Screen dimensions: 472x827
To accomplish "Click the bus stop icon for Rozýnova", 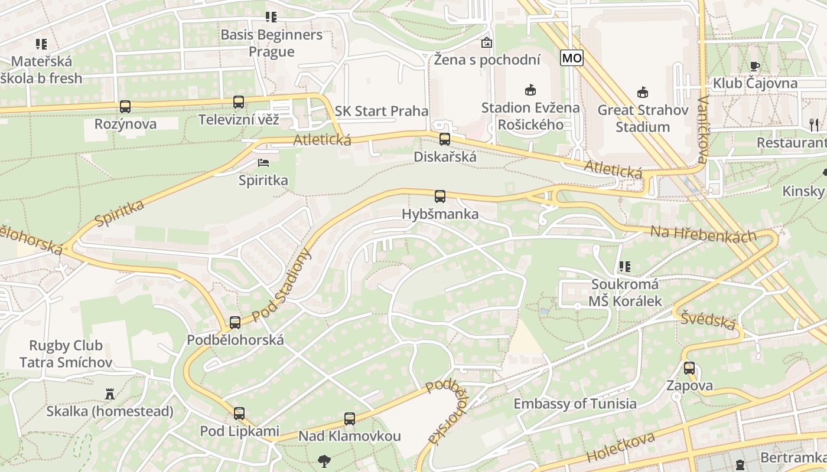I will click(x=125, y=107).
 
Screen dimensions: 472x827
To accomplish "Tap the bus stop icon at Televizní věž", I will click(x=239, y=102).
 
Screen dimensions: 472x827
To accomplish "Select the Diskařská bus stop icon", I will click(x=445, y=139).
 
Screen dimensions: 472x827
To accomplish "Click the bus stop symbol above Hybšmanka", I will click(x=440, y=196).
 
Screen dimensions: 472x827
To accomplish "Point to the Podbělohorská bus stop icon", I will click(x=235, y=322).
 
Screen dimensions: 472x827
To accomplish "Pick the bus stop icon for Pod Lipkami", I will click(x=239, y=414).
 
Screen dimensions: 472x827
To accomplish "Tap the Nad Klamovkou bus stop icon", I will click(x=350, y=419).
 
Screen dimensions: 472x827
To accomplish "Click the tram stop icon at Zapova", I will click(x=689, y=368).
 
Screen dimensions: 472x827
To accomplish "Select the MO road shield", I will click(x=572, y=58).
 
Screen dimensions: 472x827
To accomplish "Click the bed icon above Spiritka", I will click(x=263, y=162).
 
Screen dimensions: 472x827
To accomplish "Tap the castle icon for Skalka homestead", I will click(x=110, y=394).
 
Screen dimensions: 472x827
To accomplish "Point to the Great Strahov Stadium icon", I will click(x=643, y=92).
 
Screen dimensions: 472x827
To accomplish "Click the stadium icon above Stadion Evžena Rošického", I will click(x=530, y=90).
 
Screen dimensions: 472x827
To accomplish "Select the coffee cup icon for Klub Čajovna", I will click(x=754, y=66).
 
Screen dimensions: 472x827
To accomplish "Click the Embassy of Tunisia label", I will click(x=575, y=404).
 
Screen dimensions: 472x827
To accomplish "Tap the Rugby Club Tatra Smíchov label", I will click(x=66, y=353).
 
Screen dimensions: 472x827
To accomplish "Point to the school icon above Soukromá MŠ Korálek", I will click(x=625, y=267).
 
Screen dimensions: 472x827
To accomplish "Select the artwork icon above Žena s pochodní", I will click(x=487, y=42).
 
